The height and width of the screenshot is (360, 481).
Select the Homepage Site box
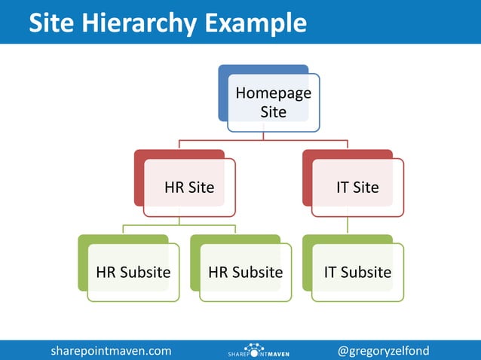click(x=273, y=102)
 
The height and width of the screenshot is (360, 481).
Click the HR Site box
click(x=189, y=187)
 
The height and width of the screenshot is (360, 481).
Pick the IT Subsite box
click(x=357, y=272)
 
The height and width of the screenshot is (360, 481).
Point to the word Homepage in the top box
click(x=273, y=93)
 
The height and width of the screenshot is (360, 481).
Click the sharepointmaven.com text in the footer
click(x=111, y=350)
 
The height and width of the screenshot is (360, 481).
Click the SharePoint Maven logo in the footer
click(x=259, y=351)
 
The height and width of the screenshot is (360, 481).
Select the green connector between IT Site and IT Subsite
click(x=348, y=225)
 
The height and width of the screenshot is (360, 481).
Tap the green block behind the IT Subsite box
click(x=306, y=264)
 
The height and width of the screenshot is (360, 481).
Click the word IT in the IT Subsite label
click(x=330, y=272)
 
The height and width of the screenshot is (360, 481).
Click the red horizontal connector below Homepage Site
click(x=263, y=141)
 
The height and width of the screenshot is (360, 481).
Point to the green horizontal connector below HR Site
click(x=179, y=225)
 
